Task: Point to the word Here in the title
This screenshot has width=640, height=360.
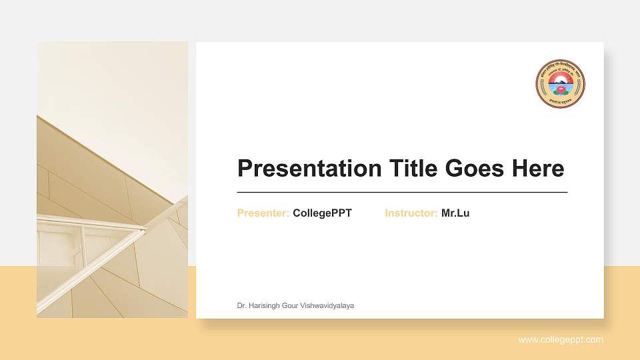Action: click(537, 169)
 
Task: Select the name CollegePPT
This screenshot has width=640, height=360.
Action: click(322, 213)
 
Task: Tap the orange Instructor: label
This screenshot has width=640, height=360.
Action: click(411, 213)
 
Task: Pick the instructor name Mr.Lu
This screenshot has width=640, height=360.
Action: click(455, 213)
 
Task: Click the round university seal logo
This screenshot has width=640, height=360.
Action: click(560, 84)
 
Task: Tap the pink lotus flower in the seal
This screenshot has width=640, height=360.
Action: click(560, 89)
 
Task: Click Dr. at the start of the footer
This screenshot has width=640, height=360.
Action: click(242, 305)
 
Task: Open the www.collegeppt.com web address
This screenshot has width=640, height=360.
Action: click(561, 340)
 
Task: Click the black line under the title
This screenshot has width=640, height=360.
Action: click(402, 192)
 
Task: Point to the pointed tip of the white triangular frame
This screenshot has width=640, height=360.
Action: click(144, 230)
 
